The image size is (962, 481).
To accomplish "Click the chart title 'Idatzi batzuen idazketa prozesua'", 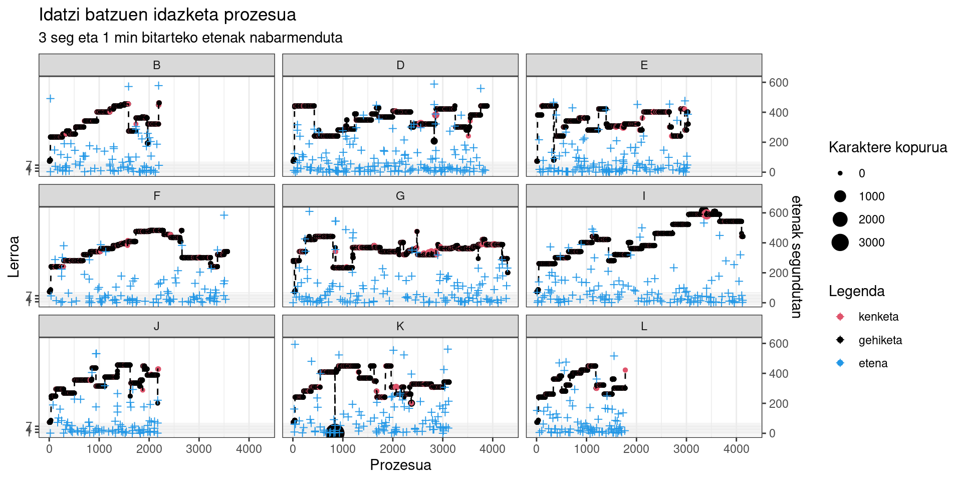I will point(167,15).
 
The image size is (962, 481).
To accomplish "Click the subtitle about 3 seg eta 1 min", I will point(190,38).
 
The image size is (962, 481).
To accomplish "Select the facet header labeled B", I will point(156,65).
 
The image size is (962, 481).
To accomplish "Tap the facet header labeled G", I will point(400,196).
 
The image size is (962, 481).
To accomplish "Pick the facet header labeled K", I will point(400,326).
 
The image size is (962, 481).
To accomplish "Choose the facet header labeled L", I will point(644,326).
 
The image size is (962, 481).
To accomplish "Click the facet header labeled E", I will point(644,65).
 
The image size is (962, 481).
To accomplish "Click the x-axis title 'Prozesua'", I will point(400,465).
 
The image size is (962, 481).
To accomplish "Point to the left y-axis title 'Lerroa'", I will point(14,257).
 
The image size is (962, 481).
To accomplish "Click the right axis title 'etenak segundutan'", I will point(796,257).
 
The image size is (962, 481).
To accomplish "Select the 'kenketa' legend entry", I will point(878,317).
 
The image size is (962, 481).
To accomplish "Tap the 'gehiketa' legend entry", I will point(880,340).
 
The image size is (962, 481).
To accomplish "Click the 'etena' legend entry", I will point(873,363).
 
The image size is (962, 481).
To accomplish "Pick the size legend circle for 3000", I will point(840,243).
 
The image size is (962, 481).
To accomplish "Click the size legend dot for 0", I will point(840,173).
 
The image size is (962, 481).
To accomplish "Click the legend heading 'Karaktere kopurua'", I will point(888,147).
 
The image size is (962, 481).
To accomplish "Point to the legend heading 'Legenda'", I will point(856,291).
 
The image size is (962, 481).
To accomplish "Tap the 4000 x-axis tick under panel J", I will point(249,449).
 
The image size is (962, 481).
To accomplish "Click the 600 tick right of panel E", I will point(779,83).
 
